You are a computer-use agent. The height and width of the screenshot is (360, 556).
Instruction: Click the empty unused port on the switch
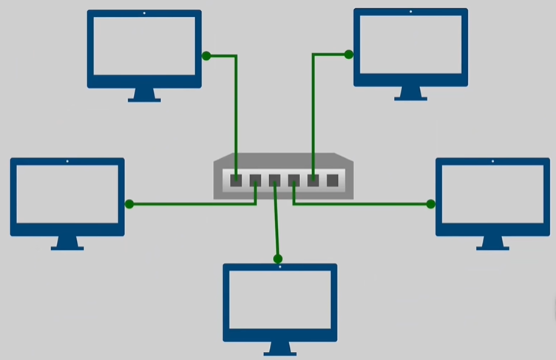(x=332, y=180)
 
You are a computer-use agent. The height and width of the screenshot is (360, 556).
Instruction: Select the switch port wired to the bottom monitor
(x=274, y=180)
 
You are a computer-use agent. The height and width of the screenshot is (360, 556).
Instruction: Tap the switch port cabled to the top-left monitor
(x=236, y=180)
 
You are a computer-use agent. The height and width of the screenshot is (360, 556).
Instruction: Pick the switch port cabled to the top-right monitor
(x=313, y=180)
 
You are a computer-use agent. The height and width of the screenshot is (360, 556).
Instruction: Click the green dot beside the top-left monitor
(x=206, y=55)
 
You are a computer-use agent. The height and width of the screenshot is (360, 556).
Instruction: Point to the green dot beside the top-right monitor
(x=349, y=54)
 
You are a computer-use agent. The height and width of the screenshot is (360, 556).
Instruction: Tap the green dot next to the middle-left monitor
(x=129, y=204)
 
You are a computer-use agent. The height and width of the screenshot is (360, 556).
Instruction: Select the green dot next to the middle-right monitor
(x=430, y=203)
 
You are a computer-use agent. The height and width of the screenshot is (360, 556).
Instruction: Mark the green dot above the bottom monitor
(x=278, y=259)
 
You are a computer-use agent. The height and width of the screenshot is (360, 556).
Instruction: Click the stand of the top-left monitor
(x=144, y=95)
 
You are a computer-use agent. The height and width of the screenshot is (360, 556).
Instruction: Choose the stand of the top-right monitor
(x=410, y=93)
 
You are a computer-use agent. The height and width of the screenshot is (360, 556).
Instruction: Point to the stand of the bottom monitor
(x=280, y=348)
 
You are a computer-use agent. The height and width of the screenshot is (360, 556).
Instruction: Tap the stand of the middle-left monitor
(x=67, y=243)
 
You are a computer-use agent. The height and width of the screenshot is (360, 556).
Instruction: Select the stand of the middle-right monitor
(x=492, y=242)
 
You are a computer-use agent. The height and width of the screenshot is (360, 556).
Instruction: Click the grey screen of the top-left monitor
(x=144, y=47)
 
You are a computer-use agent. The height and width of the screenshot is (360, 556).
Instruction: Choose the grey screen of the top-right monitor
(x=410, y=44)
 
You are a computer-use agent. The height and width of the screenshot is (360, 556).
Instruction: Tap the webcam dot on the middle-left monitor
(x=67, y=161)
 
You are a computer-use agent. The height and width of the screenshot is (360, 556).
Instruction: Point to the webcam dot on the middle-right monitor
(x=492, y=161)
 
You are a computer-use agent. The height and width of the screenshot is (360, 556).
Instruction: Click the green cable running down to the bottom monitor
(x=277, y=222)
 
